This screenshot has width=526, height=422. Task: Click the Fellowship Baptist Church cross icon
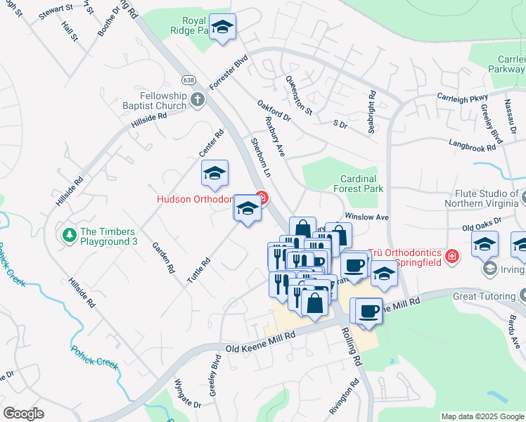198,99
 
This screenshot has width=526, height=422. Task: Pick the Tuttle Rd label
199,270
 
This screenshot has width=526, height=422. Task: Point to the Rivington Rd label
343,398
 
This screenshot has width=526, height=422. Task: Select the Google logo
23,413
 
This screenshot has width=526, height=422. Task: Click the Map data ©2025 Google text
482,416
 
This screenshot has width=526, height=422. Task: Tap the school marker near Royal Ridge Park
223,28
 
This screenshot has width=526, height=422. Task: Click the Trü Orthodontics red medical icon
451,256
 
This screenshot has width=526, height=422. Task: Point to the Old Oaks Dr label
481,224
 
